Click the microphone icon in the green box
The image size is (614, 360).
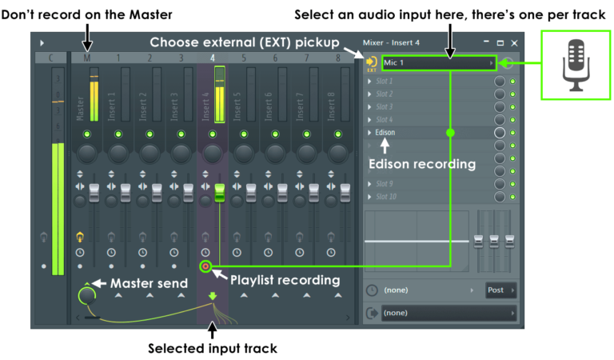[575, 64]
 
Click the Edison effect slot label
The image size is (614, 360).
[386, 132]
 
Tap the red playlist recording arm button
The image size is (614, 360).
[206, 266]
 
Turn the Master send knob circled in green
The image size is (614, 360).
[87, 295]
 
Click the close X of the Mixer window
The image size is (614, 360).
[514, 42]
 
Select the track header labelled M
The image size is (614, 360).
[86, 58]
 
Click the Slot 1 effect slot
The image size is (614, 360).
[387, 81]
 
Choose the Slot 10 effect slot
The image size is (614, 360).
[388, 196]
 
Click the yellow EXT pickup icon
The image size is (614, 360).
[371, 63]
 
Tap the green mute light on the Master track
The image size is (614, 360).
[86, 134]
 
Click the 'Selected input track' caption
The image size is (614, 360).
[212, 348]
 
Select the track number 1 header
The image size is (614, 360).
[118, 58]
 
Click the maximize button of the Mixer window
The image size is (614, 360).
[500, 42]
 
